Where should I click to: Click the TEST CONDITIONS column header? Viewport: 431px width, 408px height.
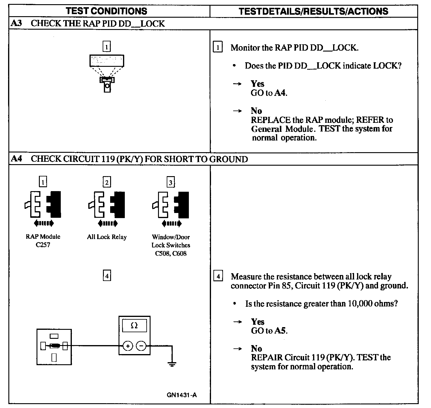coord(106,11)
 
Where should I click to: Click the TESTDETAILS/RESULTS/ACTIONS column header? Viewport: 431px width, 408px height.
coord(313,11)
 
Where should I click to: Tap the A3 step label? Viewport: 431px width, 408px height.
coord(16,23)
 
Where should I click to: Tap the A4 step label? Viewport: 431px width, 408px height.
coord(16,158)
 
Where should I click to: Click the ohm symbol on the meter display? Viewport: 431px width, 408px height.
coord(134,326)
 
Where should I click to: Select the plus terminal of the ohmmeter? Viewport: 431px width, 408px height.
coord(128,346)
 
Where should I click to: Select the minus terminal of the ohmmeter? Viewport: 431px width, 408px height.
coord(141,346)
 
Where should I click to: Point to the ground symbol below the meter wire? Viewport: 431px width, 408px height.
coord(172,364)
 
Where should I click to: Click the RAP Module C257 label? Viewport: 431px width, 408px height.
coord(43,241)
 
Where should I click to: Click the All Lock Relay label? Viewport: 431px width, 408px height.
coord(107,237)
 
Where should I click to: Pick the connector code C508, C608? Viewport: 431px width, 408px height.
coord(171,253)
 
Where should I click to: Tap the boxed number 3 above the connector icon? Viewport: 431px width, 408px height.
coord(171,182)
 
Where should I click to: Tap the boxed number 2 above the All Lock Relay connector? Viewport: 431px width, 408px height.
coord(107,182)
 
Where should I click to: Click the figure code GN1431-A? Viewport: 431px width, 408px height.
coord(182,395)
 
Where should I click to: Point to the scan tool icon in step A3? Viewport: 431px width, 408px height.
coord(107,72)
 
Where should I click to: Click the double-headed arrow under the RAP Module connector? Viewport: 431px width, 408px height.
coord(43,223)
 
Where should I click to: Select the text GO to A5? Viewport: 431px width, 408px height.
coord(269,331)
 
